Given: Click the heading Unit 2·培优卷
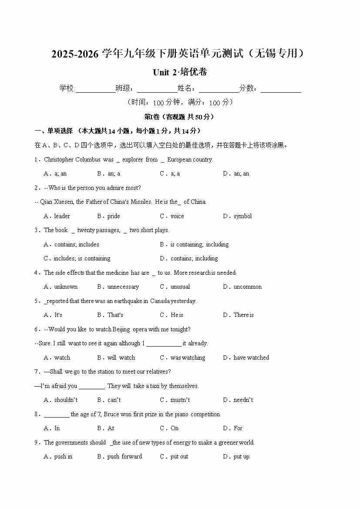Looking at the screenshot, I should point(180,72).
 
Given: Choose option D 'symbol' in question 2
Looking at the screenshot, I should point(242,216).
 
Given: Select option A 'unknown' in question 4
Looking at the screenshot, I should point(65,287).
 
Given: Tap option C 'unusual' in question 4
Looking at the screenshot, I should point(180,287).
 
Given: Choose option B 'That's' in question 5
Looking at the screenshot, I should point(115,315).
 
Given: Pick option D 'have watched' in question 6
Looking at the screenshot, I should point(251,358).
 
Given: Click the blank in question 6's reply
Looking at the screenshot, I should point(164,344).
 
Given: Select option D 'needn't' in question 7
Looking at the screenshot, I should point(243,400).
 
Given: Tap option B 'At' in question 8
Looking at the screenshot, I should point(111,428).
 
